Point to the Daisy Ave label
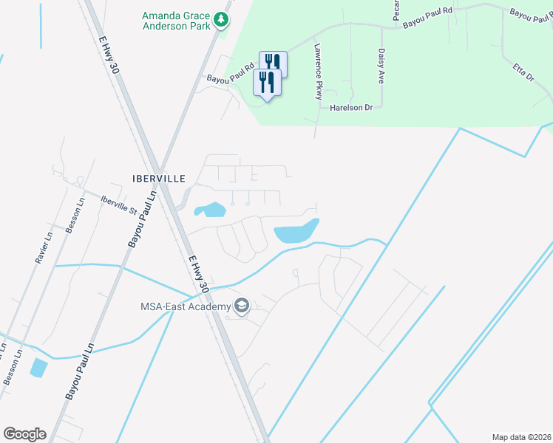pos(381,66)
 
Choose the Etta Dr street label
pos(523,71)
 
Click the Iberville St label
pos(119,204)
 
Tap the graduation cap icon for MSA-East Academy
pos(241,306)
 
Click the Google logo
pos(24,434)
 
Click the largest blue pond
pos(295,233)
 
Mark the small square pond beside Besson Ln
pos(38,367)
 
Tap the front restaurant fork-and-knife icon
pos(268,83)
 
